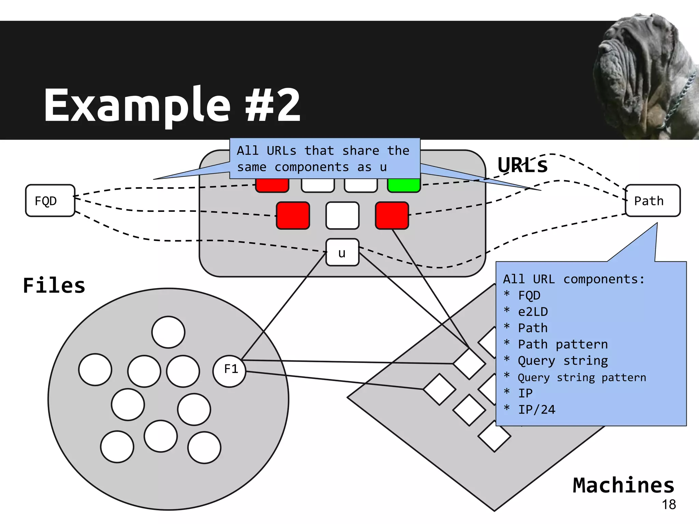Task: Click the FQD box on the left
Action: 50,201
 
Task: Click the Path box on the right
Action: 652,201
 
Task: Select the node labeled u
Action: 342,252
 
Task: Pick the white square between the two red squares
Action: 342,215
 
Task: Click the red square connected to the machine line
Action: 391,215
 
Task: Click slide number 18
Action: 669,504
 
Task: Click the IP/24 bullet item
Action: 536,409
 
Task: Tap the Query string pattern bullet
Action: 582,377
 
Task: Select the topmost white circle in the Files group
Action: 168,332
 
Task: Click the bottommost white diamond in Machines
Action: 494,436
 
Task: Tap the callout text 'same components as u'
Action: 312,167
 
